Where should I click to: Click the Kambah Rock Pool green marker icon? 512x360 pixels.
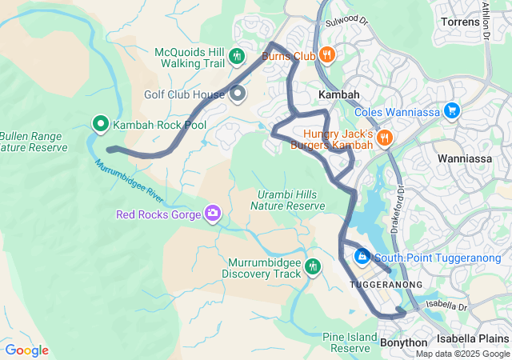point(101,124)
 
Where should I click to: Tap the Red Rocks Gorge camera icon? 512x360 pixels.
point(213,213)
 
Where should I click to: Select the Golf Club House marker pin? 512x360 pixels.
point(238,94)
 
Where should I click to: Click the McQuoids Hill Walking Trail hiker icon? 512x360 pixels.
point(236,57)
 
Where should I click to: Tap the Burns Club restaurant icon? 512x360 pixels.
point(326,55)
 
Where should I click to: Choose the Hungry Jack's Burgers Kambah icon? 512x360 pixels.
point(384,138)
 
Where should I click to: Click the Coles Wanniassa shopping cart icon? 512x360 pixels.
point(452,111)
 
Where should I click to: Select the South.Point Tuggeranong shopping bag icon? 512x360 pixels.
point(362,257)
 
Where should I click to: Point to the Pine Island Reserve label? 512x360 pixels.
point(350,342)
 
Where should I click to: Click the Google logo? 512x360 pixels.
point(26,350)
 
